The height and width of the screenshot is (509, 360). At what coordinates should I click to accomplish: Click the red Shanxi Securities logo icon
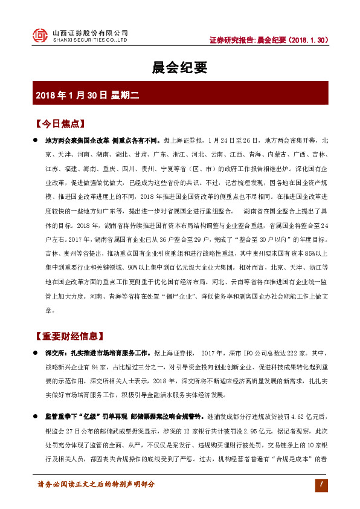(x=40, y=36)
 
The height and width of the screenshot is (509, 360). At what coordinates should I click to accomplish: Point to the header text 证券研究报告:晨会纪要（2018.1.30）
(x=269, y=40)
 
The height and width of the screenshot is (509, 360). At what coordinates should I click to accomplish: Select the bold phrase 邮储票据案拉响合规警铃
(x=168, y=417)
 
